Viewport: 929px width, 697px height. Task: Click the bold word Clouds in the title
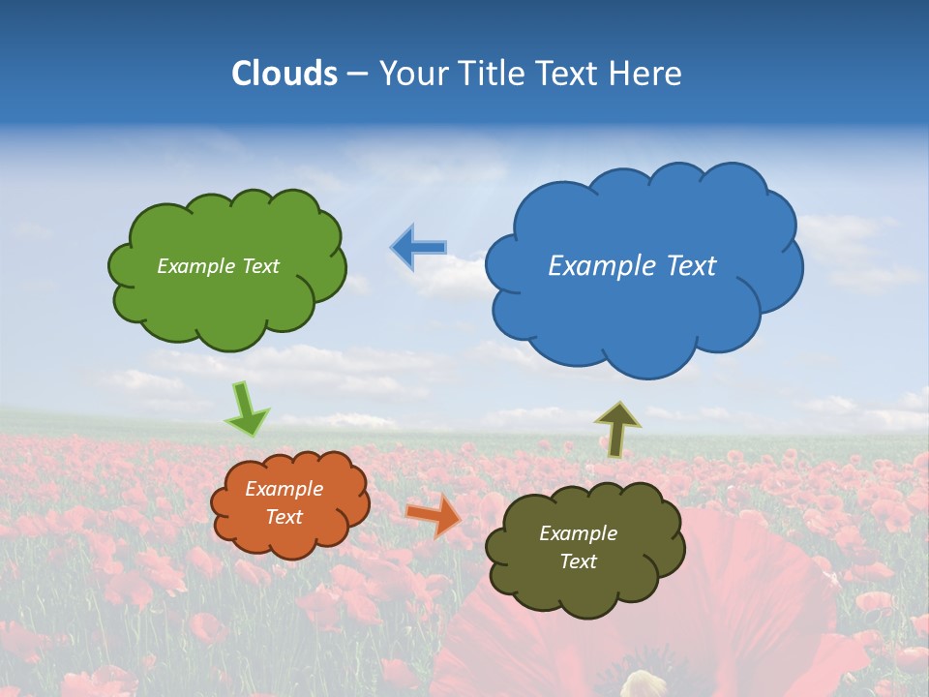click(x=284, y=73)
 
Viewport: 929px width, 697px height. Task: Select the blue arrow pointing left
click(x=418, y=247)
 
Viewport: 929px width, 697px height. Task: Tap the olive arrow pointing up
click(x=617, y=429)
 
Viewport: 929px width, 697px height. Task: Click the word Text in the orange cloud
click(x=285, y=517)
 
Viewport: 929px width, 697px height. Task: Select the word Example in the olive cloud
click(x=578, y=533)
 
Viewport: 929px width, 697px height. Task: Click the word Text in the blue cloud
click(x=689, y=265)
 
